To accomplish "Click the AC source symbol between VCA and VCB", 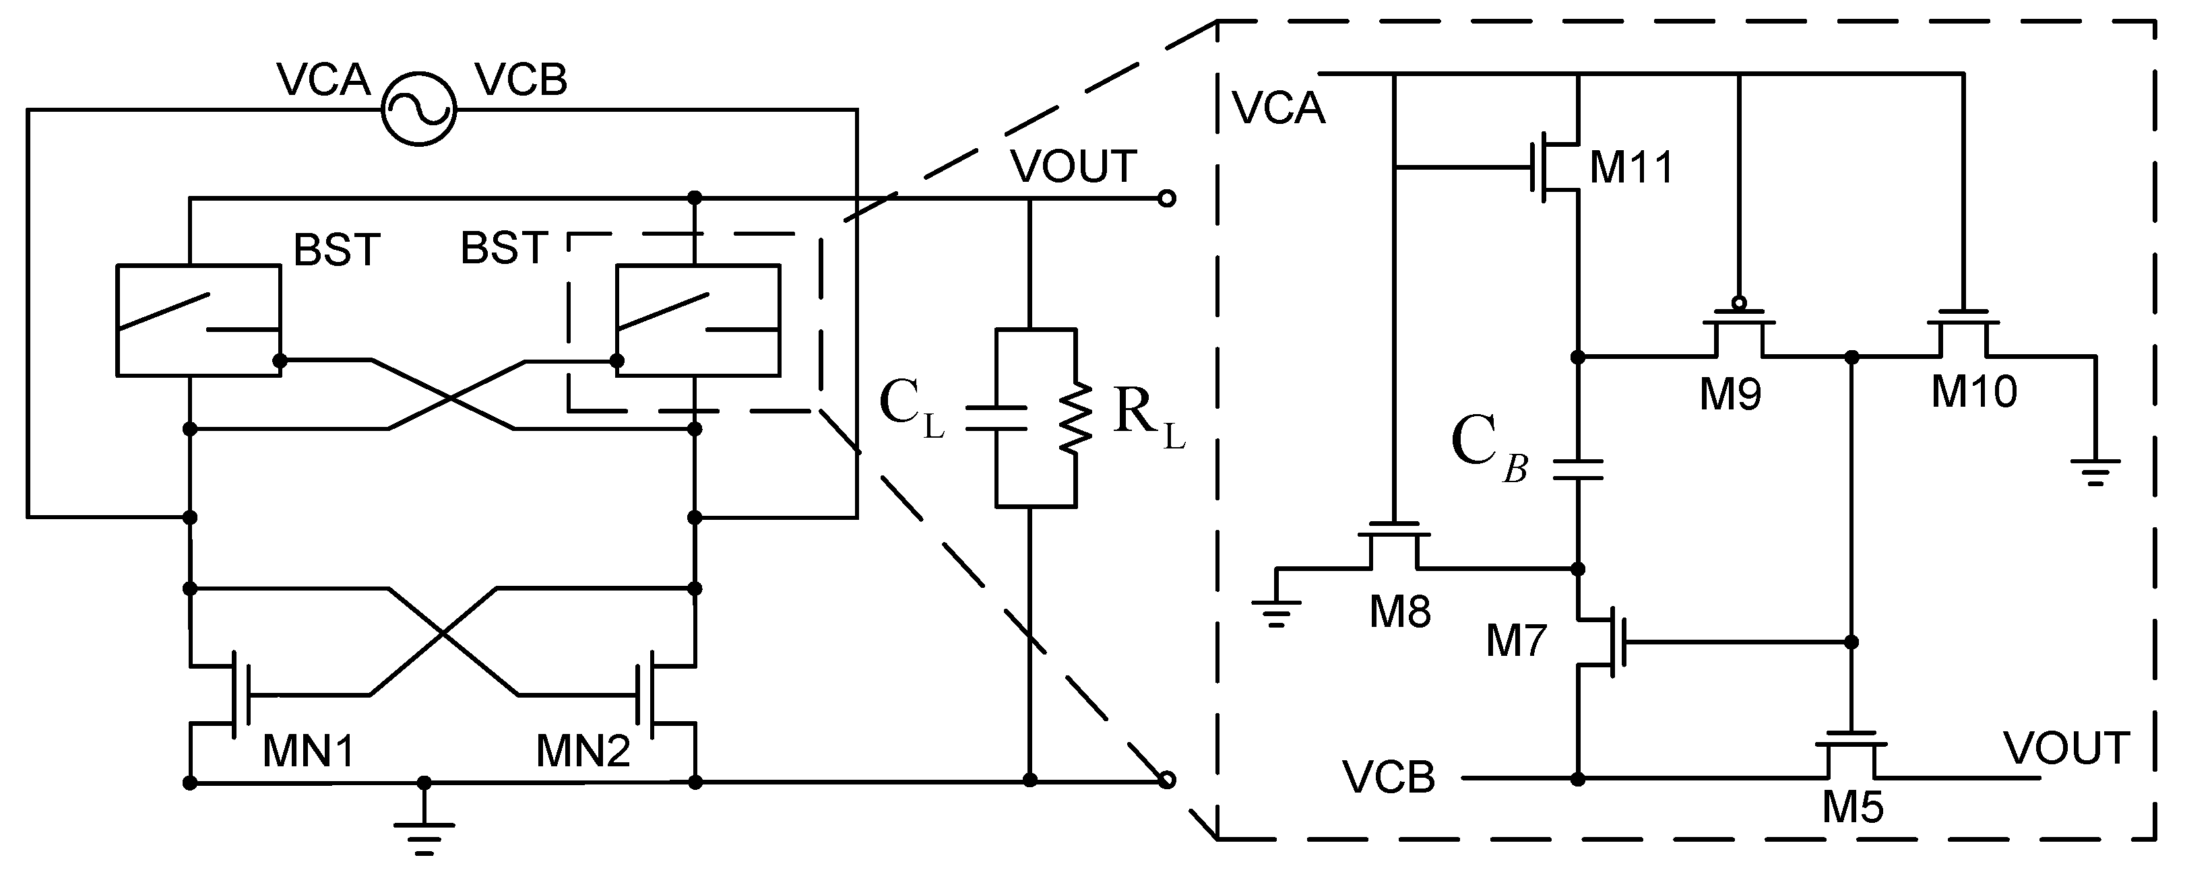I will click(x=418, y=108).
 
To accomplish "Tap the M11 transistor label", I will click(x=1630, y=167).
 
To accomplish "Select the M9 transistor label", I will click(x=1730, y=395).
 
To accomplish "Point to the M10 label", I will click(x=1974, y=392).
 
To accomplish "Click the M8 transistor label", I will click(x=1399, y=611).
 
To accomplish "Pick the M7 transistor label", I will click(x=1516, y=641).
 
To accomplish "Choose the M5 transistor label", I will click(x=1853, y=808).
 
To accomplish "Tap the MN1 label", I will click(x=308, y=751).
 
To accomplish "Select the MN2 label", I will click(x=583, y=751).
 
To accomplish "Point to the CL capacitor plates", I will click(x=996, y=417).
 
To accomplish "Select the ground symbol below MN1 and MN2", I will click(x=424, y=835).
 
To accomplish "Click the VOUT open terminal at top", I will click(x=1167, y=199).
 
